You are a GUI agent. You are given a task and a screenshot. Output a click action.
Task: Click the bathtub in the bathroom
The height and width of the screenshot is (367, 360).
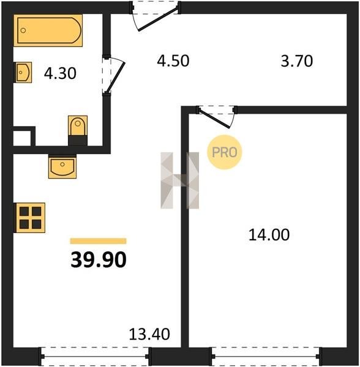[48, 31]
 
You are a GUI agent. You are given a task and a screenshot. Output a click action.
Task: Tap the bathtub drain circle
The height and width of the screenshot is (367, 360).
[23, 30]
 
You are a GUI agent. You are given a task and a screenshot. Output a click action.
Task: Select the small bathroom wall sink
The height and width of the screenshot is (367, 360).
[23, 72]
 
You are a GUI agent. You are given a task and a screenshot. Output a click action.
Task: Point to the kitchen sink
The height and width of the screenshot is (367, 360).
[62, 166]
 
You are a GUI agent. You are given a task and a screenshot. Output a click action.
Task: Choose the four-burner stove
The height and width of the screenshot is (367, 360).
[30, 218]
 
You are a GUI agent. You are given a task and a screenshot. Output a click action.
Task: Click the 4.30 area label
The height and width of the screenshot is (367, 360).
[60, 73]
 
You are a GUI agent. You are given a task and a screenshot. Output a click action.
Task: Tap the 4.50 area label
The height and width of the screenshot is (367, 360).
[173, 61]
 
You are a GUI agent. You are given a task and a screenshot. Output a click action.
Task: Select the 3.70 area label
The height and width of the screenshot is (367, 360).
[297, 61]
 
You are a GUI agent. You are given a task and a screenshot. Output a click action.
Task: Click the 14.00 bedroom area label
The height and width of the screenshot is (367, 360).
[269, 235]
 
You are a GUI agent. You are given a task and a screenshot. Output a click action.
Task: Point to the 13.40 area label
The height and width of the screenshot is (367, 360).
[149, 334]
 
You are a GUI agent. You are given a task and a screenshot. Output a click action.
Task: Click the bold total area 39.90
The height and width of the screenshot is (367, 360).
[99, 259]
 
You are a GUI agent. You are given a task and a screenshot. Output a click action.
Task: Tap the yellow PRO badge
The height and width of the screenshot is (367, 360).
[224, 152]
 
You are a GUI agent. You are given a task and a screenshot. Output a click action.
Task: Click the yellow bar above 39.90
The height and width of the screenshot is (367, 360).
[99, 241]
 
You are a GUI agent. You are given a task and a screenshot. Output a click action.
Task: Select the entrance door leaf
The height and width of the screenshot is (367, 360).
[159, 20]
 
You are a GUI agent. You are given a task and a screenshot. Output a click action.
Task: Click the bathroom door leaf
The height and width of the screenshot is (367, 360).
[115, 78]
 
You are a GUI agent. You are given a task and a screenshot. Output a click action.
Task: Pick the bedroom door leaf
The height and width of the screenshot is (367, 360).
[214, 119]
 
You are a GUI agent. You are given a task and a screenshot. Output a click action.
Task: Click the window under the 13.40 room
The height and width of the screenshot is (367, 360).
[95, 356]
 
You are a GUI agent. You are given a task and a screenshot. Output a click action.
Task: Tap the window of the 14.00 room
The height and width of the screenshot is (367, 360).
[266, 356]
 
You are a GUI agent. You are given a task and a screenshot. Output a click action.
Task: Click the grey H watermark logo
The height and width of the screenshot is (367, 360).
[179, 180]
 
